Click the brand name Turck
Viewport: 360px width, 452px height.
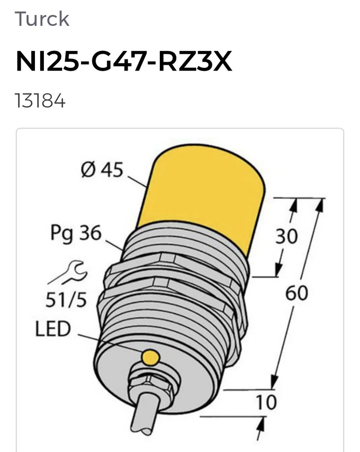[x=42, y=19]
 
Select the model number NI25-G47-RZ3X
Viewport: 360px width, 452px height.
[x=124, y=62]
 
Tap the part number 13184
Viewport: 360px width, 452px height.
[x=40, y=101]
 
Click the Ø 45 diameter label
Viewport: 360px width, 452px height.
[x=101, y=170]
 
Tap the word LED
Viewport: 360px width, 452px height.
[x=52, y=329]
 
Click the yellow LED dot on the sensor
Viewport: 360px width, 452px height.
[x=150, y=357]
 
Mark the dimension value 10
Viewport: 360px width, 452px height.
[x=266, y=403]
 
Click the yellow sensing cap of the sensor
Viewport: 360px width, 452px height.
[x=203, y=193]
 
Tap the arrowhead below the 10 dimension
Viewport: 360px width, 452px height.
[x=260, y=424]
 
